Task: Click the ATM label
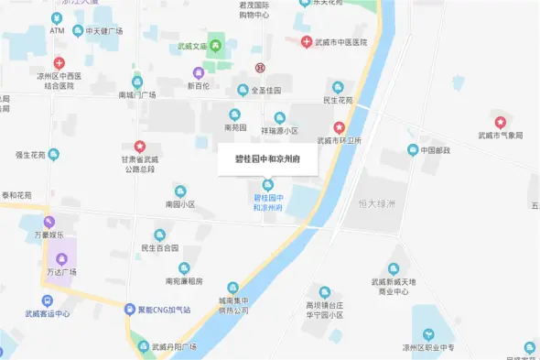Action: (x=58, y=30)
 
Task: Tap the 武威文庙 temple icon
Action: (x=216, y=45)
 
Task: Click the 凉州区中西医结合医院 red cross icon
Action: (x=59, y=62)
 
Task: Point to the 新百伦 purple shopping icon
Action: (x=199, y=72)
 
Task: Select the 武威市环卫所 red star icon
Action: (x=339, y=127)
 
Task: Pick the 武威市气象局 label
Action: (x=500, y=135)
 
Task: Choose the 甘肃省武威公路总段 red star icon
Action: (x=140, y=146)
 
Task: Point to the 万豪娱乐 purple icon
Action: (x=49, y=222)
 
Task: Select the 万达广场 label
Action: (x=60, y=272)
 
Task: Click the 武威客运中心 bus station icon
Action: (x=47, y=300)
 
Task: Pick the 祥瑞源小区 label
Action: (x=279, y=130)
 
